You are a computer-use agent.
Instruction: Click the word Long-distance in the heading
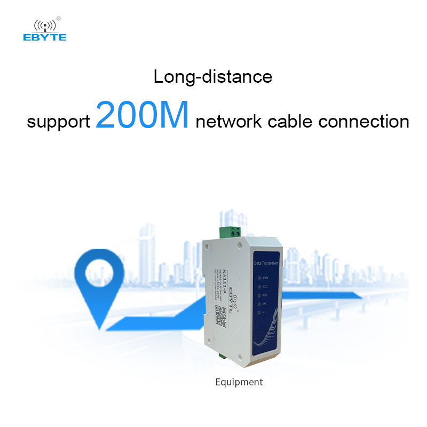pyautogui.click(x=212, y=76)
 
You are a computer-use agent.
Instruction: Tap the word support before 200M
pyautogui.click(x=58, y=122)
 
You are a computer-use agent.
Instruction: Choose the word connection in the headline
pyautogui.click(x=364, y=122)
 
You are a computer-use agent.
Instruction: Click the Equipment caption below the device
pyautogui.click(x=239, y=382)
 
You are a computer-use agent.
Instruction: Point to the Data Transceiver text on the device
pyautogui.click(x=269, y=264)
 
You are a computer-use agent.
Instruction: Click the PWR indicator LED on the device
pyautogui.click(x=259, y=278)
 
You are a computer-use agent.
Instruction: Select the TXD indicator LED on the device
pyautogui.click(x=259, y=287)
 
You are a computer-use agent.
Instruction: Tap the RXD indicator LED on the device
pyautogui.click(x=259, y=295)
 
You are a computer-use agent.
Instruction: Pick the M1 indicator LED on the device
pyautogui.click(x=259, y=312)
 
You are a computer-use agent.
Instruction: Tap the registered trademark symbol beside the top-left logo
pyautogui.click(x=58, y=19)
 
